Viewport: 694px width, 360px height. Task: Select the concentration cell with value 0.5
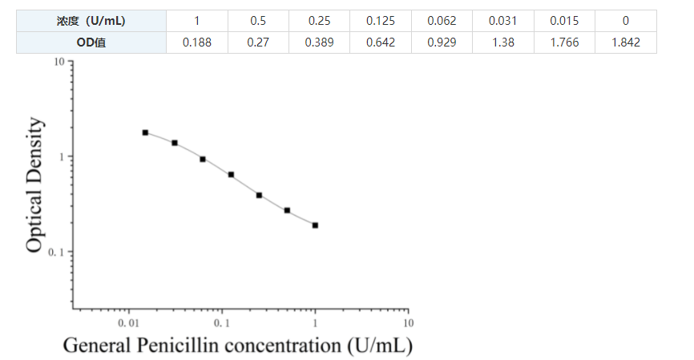(258, 21)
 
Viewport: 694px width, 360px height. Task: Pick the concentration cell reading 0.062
(442, 21)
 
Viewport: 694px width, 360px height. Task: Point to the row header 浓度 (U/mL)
(91, 21)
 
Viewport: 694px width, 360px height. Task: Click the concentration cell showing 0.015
(564, 21)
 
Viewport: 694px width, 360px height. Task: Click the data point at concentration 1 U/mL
(315, 225)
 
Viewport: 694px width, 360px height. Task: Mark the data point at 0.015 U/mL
(145, 132)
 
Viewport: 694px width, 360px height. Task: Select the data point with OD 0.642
(231, 174)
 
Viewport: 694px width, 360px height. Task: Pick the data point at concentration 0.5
(287, 210)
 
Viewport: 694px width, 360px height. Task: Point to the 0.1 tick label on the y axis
(55, 253)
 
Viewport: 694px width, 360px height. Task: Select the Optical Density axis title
(34, 185)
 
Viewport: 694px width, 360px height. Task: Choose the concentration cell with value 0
(625, 21)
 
